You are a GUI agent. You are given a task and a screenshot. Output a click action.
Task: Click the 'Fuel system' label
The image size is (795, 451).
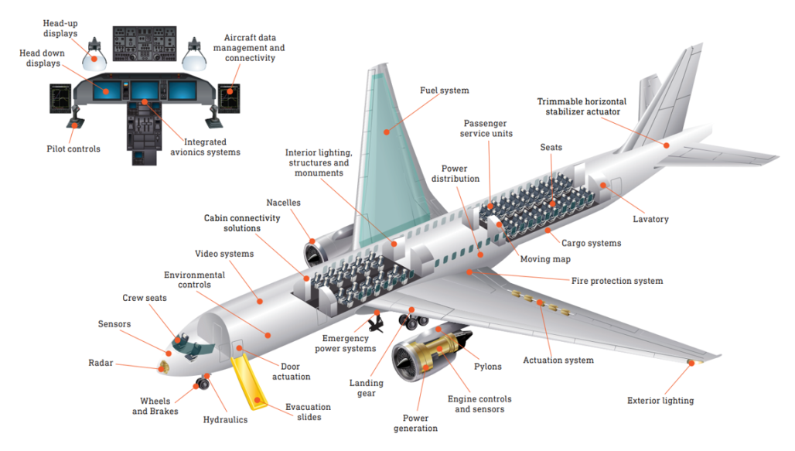[x=444, y=91]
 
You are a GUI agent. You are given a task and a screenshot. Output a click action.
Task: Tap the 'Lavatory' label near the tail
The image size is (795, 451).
[x=650, y=219]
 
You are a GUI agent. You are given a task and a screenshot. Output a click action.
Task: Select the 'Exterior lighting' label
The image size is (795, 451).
[x=660, y=401]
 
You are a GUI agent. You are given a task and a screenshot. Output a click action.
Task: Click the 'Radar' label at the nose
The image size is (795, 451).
[x=101, y=362]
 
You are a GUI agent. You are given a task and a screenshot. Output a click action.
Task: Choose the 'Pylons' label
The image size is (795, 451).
[x=486, y=367]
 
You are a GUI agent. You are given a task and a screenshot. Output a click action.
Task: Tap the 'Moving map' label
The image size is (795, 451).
[x=544, y=259]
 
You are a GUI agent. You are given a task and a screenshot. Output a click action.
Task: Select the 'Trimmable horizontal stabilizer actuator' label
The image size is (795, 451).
[x=582, y=107]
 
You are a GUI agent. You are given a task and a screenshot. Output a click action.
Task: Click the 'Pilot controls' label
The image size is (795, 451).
[x=74, y=149]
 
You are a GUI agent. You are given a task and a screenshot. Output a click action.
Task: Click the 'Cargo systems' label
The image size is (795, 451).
[x=591, y=243]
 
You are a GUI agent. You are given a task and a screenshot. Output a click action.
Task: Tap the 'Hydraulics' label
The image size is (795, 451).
[x=225, y=420]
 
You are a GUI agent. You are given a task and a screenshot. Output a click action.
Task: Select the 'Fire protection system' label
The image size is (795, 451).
[x=616, y=281]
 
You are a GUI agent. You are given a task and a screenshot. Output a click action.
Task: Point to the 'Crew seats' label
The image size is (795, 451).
[x=144, y=298]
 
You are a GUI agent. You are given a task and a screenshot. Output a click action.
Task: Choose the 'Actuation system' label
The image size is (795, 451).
[x=558, y=360]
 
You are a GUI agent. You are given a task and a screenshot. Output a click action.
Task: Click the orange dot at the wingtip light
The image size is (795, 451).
[x=691, y=361]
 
